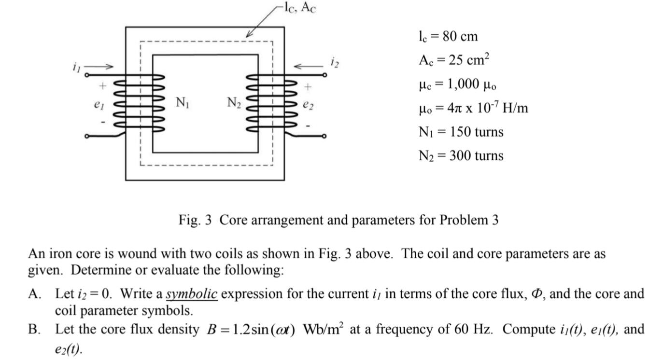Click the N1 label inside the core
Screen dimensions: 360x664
coord(182,102)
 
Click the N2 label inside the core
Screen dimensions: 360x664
coord(234,102)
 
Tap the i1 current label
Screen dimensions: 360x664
coord(75,68)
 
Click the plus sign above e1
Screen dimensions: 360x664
coord(102,86)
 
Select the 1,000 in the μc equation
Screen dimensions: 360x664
coord(464,84)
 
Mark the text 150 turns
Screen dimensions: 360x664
coord(476,132)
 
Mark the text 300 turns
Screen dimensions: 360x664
coord(476,155)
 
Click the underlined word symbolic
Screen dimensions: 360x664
coord(192,293)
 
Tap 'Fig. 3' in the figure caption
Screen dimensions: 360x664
coord(195,220)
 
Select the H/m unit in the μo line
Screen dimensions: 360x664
coord(515,108)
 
